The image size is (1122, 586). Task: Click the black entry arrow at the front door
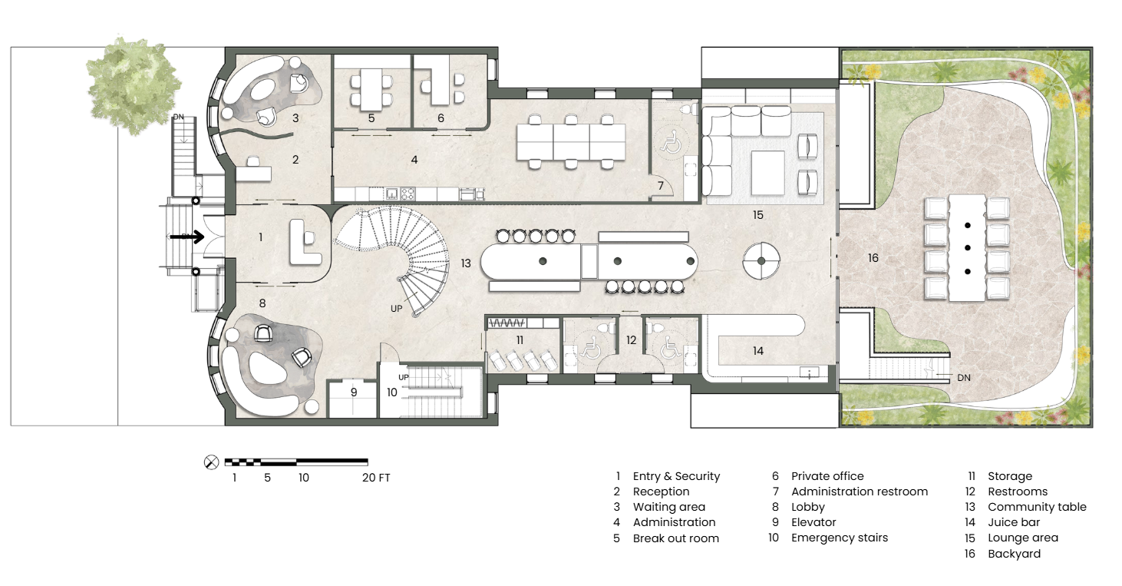click(186, 237)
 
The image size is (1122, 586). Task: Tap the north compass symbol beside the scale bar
click(212, 462)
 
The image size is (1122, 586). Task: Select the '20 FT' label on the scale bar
click(376, 478)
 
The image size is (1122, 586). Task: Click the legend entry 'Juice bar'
click(1014, 522)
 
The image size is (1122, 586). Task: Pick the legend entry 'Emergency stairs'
click(840, 538)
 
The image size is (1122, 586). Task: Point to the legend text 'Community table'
click(1037, 507)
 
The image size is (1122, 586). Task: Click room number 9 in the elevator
click(354, 392)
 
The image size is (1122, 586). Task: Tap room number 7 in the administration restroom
click(661, 186)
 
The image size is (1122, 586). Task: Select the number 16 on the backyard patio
click(873, 257)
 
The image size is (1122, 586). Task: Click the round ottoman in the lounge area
click(761, 260)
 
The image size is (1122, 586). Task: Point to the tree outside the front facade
click(134, 85)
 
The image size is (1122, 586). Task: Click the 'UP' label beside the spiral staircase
click(396, 309)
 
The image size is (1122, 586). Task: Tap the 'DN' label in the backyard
click(964, 378)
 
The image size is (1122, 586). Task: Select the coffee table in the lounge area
click(768, 173)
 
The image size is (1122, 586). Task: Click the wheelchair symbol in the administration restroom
click(670, 141)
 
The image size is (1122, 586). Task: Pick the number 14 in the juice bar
click(758, 351)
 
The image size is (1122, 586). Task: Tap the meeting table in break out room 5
click(371, 89)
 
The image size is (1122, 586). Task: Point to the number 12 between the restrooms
click(631, 340)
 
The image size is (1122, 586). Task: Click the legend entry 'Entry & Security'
click(676, 476)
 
